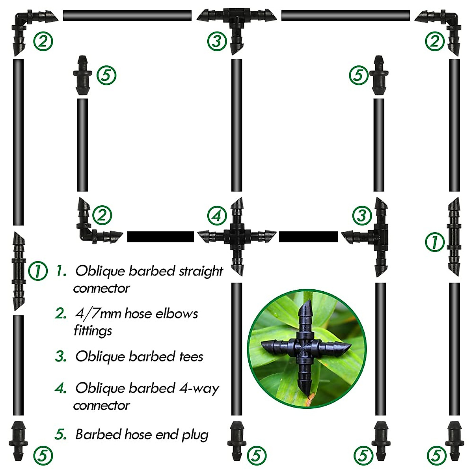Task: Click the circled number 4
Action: [217, 215]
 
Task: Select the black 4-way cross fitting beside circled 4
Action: [236, 236]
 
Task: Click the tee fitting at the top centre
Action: [236, 20]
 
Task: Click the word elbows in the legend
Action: [176, 314]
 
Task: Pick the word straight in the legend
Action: [201, 271]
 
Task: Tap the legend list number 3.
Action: [60, 356]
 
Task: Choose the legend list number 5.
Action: [60, 435]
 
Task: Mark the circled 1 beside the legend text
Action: [38, 271]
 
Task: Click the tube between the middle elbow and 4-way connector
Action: [160, 236]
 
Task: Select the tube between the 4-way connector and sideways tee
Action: [308, 236]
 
